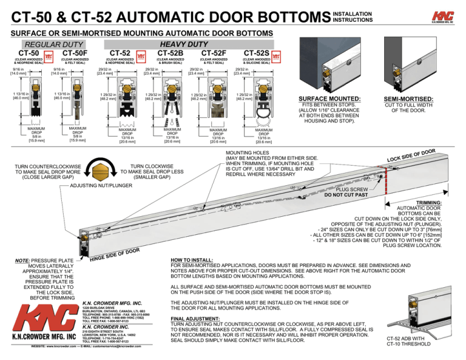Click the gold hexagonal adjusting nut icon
[101, 171]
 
